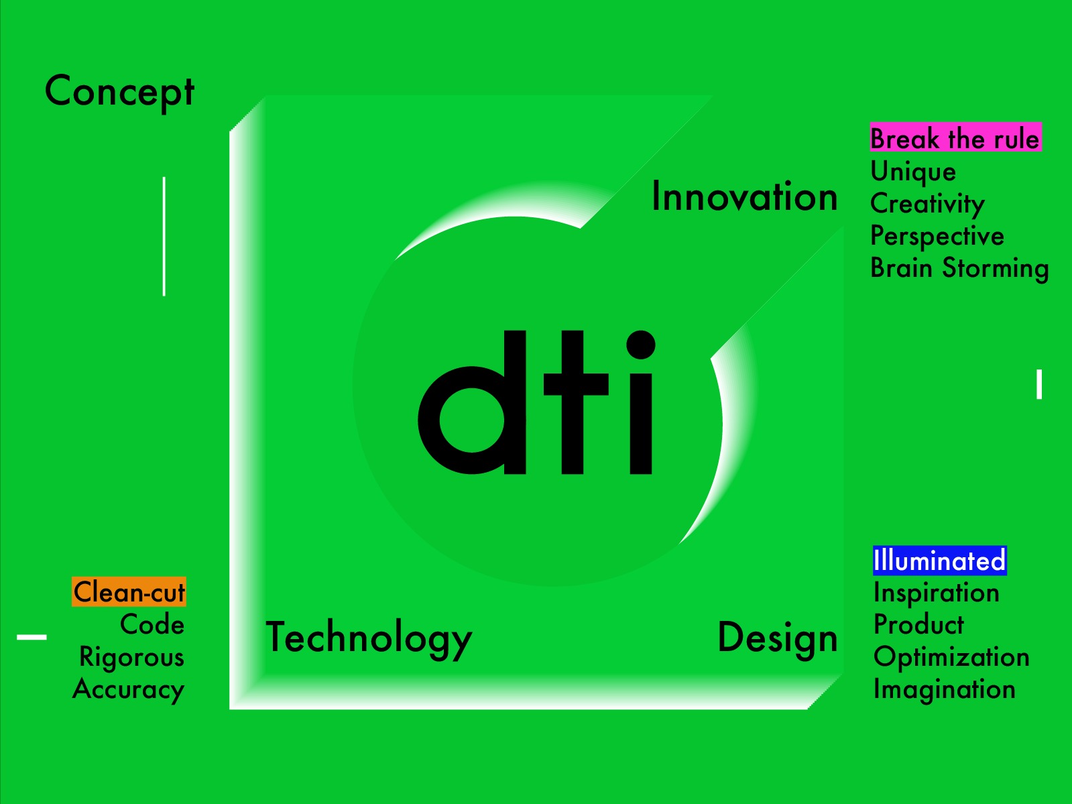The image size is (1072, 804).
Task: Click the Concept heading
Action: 119,93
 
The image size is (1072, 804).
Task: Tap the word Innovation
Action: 745,196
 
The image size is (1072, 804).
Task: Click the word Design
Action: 778,638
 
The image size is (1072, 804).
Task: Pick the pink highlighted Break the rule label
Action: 956,137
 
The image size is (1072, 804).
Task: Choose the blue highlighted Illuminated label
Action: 940,561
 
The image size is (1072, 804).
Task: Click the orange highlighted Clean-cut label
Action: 129,592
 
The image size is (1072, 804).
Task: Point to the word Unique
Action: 913,172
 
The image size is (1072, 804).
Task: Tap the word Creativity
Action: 927,204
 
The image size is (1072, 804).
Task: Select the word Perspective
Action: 937,237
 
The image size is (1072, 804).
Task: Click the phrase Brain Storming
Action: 959,269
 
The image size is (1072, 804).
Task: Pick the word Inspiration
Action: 936,593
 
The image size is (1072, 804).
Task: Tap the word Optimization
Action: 951,657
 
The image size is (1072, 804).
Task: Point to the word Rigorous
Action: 132,657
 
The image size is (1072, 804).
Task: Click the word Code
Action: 152,625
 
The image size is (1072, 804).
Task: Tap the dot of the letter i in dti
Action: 641,345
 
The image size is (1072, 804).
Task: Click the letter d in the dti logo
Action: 472,402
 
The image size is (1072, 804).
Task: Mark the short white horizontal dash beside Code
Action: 32,637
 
